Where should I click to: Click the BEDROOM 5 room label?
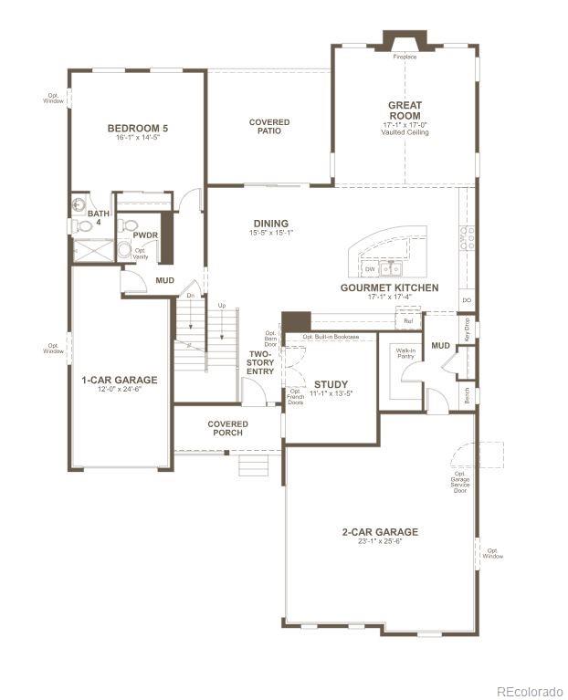[137, 128]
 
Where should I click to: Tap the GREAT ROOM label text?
[405, 110]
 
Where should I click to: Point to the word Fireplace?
[405, 57]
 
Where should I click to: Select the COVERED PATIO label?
[269, 126]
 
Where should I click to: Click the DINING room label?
[270, 224]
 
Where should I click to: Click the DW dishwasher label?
[370, 269]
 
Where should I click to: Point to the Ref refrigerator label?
[408, 320]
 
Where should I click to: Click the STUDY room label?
[331, 384]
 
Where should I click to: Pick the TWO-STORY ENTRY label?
[260, 361]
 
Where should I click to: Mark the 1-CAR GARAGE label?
[119, 380]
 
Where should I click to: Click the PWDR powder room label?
[145, 235]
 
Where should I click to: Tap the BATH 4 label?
[98, 218]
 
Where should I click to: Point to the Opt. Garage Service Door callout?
[459, 483]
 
